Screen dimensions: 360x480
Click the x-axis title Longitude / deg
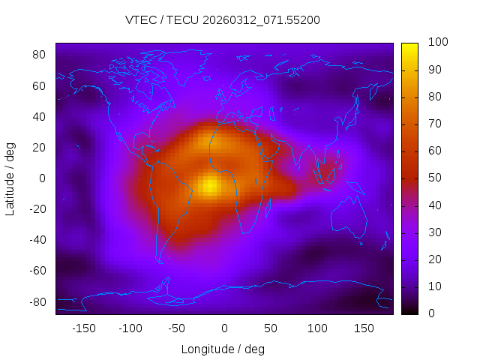pyautogui.click(x=223, y=349)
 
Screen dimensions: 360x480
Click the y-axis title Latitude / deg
pyautogui.click(x=10, y=178)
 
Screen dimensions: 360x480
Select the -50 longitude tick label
pyautogui.click(x=177, y=328)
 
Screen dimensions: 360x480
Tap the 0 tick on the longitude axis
pyautogui.click(x=224, y=328)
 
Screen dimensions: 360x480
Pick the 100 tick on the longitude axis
pyautogui.click(x=317, y=328)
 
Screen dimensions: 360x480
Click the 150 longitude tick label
pyautogui.click(x=364, y=328)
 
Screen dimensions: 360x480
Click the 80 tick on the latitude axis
pyautogui.click(x=40, y=55)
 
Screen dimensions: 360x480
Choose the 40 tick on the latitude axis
pyautogui.click(x=40, y=117)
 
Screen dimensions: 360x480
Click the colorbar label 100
pyautogui.click(x=437, y=43)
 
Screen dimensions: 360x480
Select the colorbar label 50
pyautogui.click(x=434, y=178)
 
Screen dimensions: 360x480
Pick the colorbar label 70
pyautogui.click(x=434, y=124)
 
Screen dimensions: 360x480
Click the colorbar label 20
pyautogui.click(x=434, y=259)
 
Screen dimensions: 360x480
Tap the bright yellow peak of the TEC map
pyautogui.click(x=211, y=184)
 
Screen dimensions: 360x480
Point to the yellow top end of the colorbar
pyautogui.click(x=409, y=47)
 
